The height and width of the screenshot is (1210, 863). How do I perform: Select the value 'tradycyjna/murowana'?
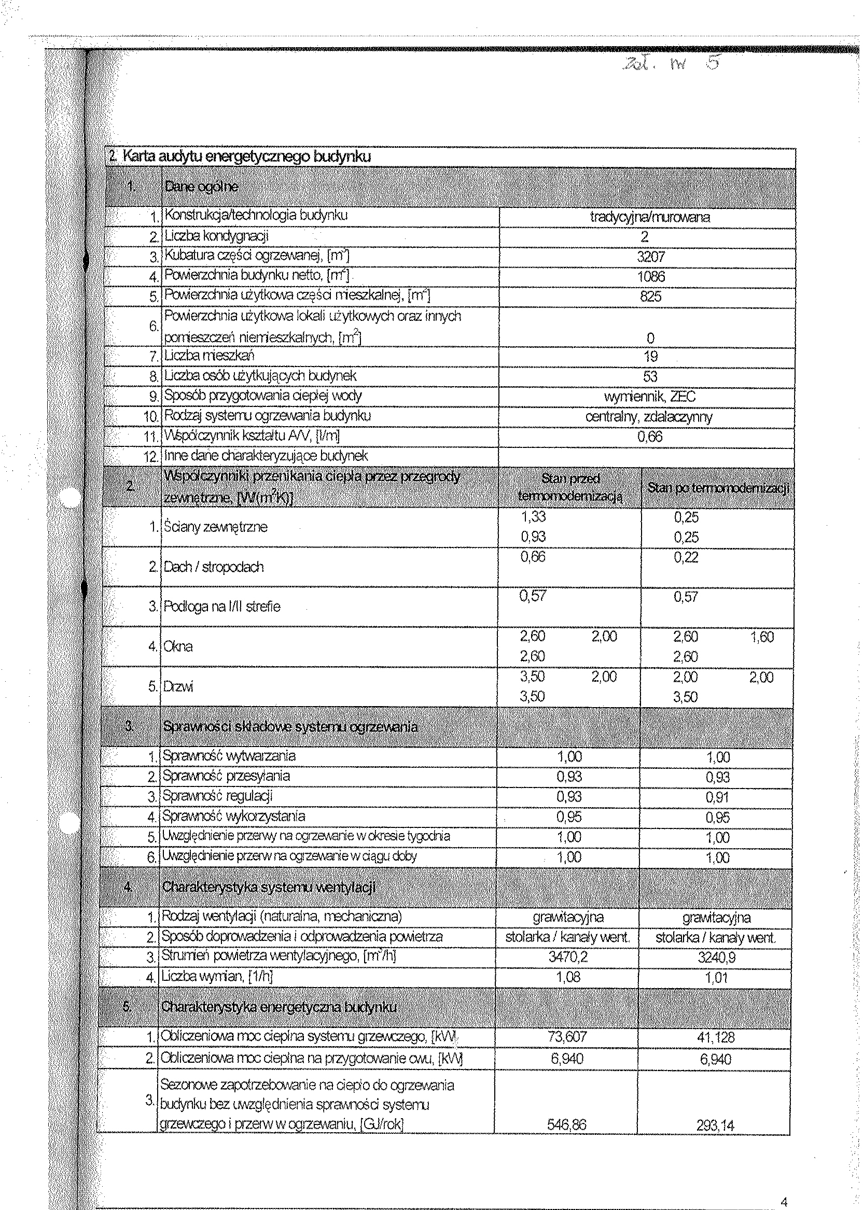649,217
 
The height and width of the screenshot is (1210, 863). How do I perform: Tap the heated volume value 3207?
650,257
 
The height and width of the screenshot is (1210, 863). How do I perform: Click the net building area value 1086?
650,277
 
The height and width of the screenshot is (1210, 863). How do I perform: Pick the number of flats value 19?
650,356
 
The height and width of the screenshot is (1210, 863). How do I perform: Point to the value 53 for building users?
650,376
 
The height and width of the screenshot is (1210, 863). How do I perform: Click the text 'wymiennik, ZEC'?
649,397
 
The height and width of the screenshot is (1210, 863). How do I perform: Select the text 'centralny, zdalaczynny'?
648,417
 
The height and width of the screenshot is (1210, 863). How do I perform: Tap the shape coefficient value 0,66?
650,437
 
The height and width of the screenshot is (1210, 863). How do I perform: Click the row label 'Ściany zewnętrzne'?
215,527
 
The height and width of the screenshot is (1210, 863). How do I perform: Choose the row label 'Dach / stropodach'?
213,567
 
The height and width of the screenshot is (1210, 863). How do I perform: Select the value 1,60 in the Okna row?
761,637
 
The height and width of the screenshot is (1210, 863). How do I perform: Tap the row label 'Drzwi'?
178,687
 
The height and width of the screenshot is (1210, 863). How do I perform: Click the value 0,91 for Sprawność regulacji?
717,797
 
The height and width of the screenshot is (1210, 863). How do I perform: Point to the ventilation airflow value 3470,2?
568,957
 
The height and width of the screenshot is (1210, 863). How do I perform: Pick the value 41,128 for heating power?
717,1037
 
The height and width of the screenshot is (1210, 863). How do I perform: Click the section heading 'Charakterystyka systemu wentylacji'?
268,887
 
